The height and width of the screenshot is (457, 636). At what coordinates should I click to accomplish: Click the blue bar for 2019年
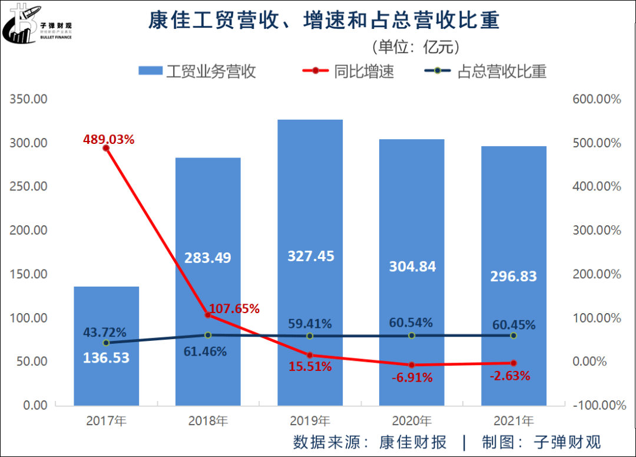click(310, 177)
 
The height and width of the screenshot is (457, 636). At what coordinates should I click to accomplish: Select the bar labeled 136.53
click(106, 377)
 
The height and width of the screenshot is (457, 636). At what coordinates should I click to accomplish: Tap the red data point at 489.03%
click(106, 148)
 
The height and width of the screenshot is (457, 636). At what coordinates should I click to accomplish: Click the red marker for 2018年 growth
click(208, 315)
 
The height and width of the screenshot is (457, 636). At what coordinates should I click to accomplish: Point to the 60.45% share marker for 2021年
click(514, 336)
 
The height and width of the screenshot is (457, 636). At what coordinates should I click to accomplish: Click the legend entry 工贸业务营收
click(197, 72)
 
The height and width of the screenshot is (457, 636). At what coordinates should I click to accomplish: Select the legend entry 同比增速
click(347, 72)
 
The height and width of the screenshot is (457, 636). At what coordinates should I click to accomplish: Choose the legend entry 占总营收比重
click(486, 72)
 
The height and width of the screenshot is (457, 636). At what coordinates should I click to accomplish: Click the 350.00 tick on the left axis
click(29, 99)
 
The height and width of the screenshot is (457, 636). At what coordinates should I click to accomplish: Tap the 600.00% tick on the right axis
click(597, 99)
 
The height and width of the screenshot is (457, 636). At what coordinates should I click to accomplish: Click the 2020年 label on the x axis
click(412, 421)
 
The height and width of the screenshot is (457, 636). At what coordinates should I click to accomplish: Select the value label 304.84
click(412, 267)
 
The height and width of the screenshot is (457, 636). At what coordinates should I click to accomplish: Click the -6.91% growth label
click(412, 378)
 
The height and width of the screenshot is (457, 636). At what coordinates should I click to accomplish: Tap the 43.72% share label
click(104, 332)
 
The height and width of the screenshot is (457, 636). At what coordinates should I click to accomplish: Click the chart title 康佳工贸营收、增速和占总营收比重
click(323, 21)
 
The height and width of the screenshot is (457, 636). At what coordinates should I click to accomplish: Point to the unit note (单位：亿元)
click(415, 47)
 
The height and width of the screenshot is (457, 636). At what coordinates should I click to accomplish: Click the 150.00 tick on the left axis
click(29, 274)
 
